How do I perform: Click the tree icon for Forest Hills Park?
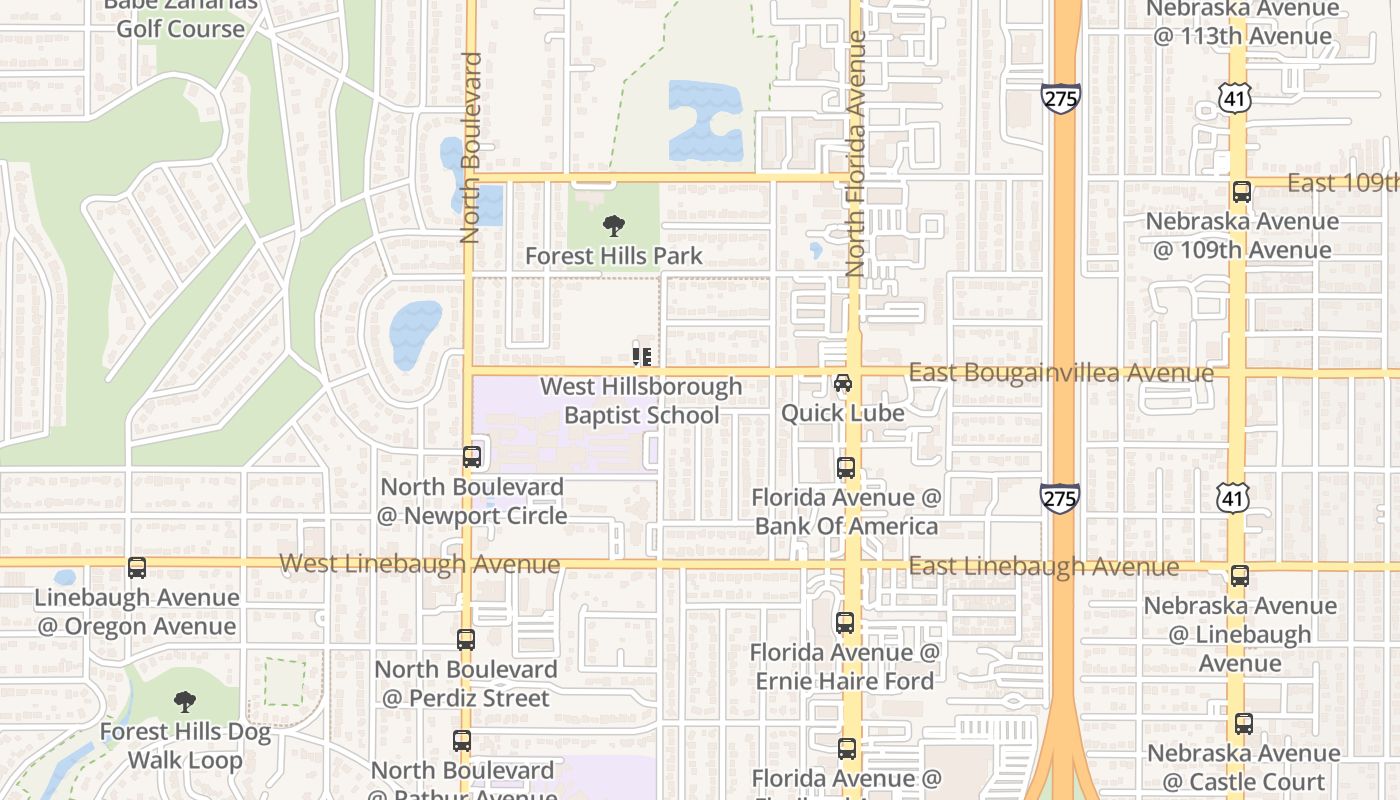point(614,227)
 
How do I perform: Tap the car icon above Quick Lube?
point(843,384)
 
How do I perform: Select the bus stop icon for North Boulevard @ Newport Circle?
point(472,457)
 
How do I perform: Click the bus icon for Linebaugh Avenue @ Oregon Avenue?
point(137,568)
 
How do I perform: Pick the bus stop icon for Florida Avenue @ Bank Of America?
point(846,468)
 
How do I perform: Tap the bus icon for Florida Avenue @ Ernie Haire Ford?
point(845,623)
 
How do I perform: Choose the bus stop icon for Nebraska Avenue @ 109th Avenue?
point(1242,192)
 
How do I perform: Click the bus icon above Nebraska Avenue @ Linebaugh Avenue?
point(1240,576)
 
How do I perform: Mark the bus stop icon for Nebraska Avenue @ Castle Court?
point(1243,724)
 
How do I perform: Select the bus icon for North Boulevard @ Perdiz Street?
point(466,640)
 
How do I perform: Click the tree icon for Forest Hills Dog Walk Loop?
point(184,702)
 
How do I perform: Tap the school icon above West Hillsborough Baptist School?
point(642,356)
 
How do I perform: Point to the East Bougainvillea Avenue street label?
point(1060,373)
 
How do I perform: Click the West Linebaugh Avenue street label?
point(419,564)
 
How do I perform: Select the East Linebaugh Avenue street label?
point(1043,567)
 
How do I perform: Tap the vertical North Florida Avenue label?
point(855,153)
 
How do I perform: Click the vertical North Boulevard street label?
point(471,148)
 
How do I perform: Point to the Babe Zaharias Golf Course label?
point(180,16)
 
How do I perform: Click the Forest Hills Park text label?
point(614,256)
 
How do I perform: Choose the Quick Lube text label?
point(843,413)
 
